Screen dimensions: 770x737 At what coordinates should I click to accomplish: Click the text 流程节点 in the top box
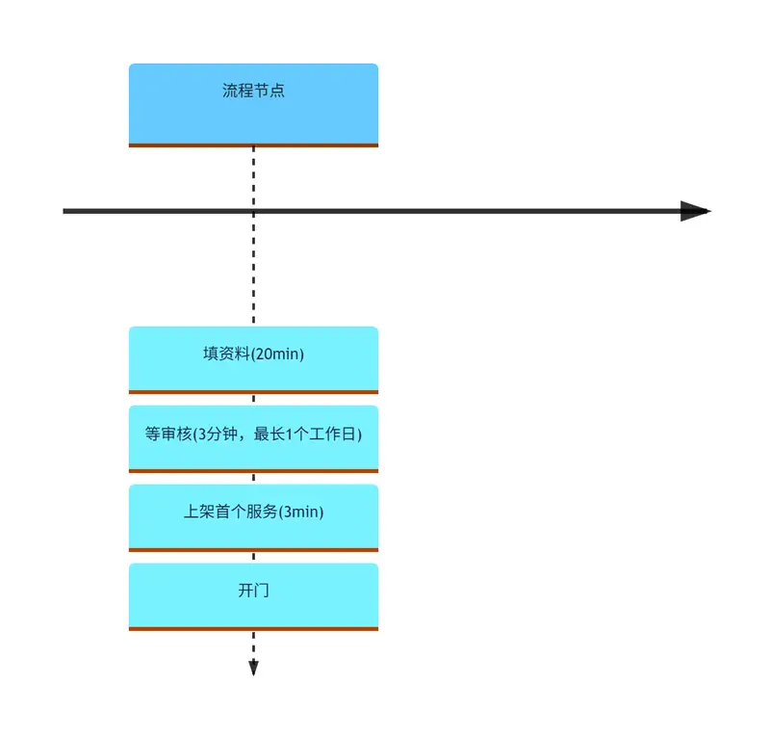pos(253,91)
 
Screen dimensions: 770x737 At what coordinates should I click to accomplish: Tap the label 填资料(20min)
pos(253,354)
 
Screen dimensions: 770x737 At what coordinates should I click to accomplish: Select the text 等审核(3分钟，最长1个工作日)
pos(253,434)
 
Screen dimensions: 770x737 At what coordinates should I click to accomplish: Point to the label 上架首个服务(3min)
pos(253,512)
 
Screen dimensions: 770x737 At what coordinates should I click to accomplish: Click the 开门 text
pos(253,590)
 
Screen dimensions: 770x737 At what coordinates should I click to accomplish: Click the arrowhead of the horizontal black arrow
pos(695,211)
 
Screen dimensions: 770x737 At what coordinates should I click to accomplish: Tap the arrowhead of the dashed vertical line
pos(253,669)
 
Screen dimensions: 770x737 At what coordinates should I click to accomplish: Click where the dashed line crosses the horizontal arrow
pos(253,211)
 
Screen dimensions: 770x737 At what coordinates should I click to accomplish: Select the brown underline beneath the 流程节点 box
pos(253,145)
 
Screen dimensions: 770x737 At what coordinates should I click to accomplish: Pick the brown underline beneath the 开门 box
pos(253,629)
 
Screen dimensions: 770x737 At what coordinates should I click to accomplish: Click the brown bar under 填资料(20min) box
pos(253,392)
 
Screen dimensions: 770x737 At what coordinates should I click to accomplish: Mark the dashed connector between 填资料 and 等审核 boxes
pos(253,399)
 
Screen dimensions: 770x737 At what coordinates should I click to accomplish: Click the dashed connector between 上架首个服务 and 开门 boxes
pos(253,557)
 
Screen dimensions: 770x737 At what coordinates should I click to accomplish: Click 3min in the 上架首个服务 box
pos(302,512)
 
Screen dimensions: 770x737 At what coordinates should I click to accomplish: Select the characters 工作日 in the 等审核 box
pos(333,434)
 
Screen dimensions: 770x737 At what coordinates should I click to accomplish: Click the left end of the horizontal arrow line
pos(64,211)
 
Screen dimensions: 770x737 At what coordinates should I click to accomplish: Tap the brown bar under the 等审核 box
pos(253,471)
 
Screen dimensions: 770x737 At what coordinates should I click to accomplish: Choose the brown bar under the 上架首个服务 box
pos(253,550)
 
